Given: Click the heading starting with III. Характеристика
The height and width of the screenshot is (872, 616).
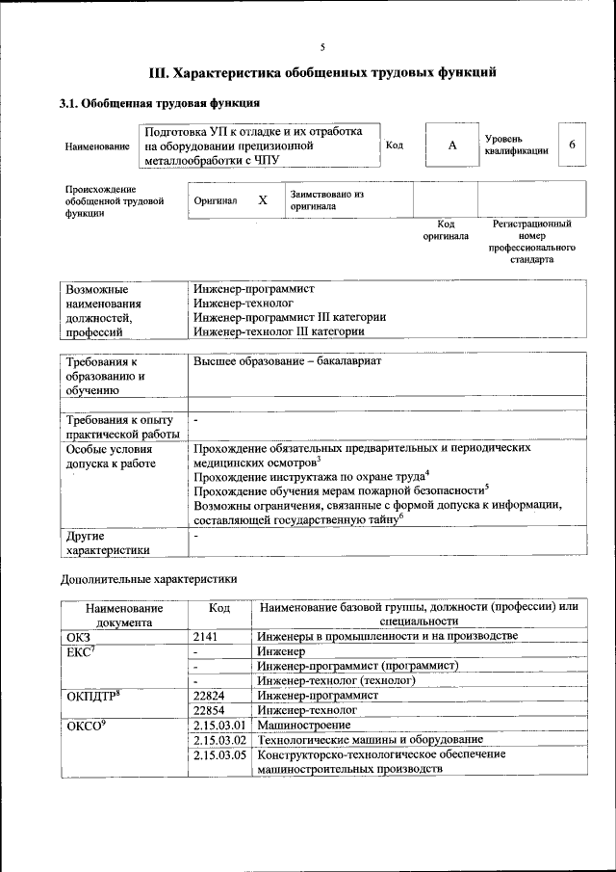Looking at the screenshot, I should coord(322,72).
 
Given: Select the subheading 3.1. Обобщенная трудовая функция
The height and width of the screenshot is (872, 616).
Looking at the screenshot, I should coord(159,103).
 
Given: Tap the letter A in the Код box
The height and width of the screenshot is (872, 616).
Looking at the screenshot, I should coord(451,145).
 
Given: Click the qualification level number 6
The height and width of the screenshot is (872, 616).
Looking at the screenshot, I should coord(572,145).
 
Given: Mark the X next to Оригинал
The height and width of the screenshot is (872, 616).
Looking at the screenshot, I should coord(262,200).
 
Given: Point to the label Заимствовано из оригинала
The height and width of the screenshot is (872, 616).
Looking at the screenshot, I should coord(327,199).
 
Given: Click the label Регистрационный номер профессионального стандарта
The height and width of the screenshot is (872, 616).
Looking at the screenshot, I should coord(531,242).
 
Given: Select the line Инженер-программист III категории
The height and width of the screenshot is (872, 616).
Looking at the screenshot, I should coord(289,317).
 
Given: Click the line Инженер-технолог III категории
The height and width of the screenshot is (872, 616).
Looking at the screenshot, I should coord(278,331).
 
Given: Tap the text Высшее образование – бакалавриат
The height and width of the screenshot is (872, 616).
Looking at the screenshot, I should coord(288,361).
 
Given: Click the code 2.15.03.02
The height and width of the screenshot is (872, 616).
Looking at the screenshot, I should coord(220,739).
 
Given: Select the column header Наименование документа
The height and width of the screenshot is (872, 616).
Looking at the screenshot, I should coord(123,615).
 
